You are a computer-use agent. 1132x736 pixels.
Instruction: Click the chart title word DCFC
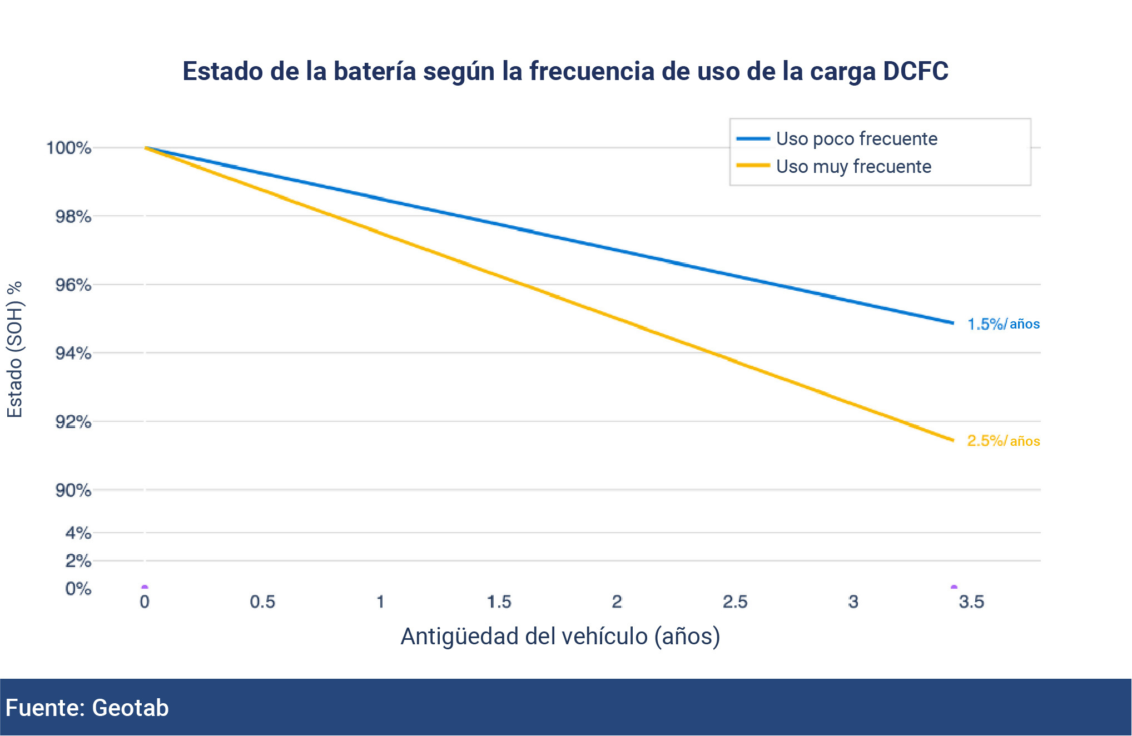coord(915,71)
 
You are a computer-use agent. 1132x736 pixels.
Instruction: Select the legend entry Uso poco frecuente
coord(856,138)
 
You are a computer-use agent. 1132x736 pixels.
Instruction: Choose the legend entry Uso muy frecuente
coord(853,166)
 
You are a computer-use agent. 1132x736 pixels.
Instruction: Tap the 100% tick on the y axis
coord(68,148)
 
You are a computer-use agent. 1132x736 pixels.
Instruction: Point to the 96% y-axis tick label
coord(73,285)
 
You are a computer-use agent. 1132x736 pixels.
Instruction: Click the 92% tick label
coord(73,421)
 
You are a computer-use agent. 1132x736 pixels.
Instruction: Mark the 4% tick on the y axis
coord(78,533)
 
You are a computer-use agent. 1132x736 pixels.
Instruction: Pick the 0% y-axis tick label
coord(78,588)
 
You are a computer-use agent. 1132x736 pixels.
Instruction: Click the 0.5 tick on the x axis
coord(262,601)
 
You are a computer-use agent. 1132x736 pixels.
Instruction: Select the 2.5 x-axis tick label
coord(735,601)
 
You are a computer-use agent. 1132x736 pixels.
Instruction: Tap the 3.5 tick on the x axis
coord(971,601)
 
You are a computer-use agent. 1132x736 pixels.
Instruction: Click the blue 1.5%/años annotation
coord(1003,324)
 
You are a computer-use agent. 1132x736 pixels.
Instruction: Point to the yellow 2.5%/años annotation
coord(1003,441)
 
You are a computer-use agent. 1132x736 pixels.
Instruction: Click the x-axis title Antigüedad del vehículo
coord(560,636)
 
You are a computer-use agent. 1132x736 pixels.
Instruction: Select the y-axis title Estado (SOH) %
coord(15,349)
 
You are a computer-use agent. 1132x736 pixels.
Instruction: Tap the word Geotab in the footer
coord(130,708)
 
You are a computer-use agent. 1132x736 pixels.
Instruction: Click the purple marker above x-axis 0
coord(145,587)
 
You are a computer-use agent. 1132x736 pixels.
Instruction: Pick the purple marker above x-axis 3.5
coord(954,587)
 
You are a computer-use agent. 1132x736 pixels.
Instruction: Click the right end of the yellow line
coord(953,440)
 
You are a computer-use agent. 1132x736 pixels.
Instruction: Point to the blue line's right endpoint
coord(953,322)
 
